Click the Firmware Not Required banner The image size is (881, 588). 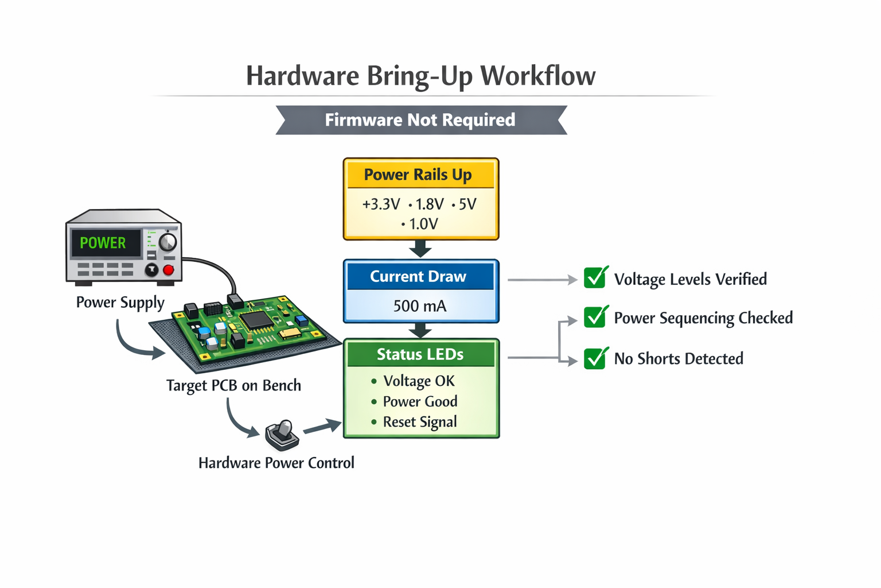pyautogui.click(x=420, y=120)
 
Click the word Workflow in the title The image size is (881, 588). pyautogui.click(x=537, y=76)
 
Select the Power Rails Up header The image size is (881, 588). pyautogui.click(x=418, y=175)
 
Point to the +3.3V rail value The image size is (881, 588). pyautogui.click(x=381, y=204)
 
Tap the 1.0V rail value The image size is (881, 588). pyautogui.click(x=423, y=224)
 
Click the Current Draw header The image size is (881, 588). pyautogui.click(x=418, y=277)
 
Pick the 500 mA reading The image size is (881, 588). pyautogui.click(x=420, y=306)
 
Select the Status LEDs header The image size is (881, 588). pyautogui.click(x=420, y=354)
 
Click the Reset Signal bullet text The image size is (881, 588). pyautogui.click(x=420, y=422)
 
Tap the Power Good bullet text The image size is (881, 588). pyautogui.click(x=420, y=401)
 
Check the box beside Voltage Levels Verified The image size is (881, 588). pyautogui.click(x=595, y=278)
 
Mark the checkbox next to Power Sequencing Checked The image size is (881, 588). pyautogui.click(x=595, y=317)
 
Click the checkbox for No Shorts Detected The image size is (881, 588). pyautogui.click(x=595, y=358)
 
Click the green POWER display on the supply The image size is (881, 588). pyautogui.click(x=103, y=243)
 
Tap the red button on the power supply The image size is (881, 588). pyautogui.click(x=169, y=269)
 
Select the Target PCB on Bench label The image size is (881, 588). pyautogui.click(x=233, y=385)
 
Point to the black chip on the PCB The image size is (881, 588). pyautogui.click(x=256, y=320)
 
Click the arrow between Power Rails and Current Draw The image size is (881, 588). pyautogui.click(x=420, y=249)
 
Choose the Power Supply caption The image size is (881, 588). pyautogui.click(x=120, y=303)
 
